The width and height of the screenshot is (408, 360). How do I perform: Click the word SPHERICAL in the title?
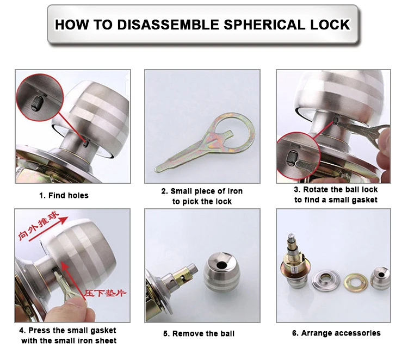tap(256, 24)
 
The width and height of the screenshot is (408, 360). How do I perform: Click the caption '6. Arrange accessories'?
tap(336, 333)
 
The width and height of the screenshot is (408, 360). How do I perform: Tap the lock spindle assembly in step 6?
tap(296, 266)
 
